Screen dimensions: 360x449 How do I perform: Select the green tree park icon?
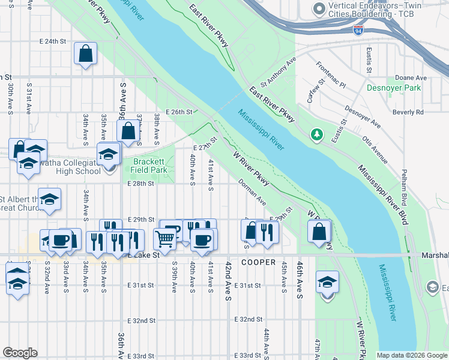(316, 134)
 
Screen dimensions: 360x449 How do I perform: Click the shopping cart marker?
(165, 238)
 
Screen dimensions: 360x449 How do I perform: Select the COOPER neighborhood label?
(258, 263)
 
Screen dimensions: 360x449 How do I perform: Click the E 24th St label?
(52, 42)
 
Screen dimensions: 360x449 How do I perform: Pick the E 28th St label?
(141, 183)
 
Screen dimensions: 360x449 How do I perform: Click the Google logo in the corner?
(20, 353)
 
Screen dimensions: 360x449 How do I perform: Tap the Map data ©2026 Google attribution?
(412, 355)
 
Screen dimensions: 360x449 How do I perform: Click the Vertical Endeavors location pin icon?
(318, 8)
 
